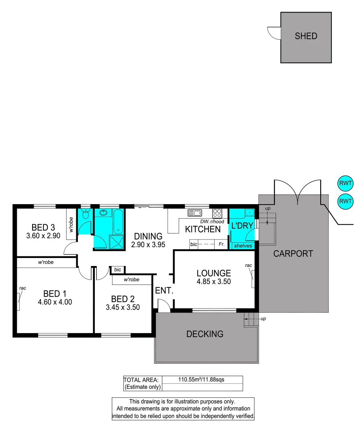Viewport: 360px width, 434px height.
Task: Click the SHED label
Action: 306,36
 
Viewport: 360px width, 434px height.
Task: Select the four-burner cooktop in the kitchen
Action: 217,213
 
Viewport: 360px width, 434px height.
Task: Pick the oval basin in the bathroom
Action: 105,213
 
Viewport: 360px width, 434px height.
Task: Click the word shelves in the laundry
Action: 243,246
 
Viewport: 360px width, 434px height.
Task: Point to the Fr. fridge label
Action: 221,244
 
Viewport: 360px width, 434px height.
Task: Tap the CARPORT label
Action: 293,254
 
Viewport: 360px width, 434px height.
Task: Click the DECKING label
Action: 205,334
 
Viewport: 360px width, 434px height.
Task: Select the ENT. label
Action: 164,291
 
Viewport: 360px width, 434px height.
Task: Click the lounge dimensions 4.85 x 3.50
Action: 214,282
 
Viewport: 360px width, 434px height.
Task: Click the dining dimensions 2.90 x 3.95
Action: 148,244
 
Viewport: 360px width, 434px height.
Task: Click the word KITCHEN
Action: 202,229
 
